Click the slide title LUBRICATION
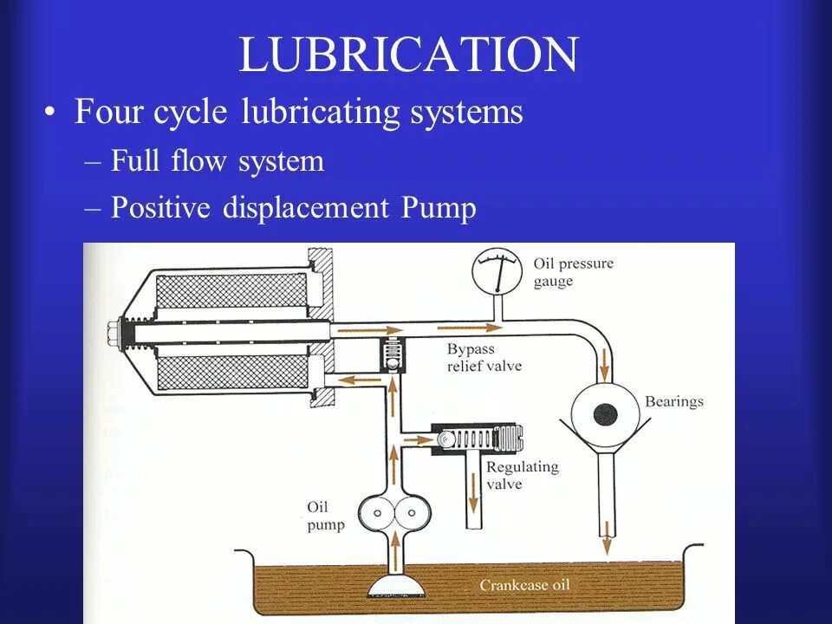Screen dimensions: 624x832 tap(407, 55)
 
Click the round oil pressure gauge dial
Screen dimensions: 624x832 tap(497, 271)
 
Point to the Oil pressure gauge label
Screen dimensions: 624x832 tap(572, 272)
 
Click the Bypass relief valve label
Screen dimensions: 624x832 tap(484, 357)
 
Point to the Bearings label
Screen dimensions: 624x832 tap(673, 401)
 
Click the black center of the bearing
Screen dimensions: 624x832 tap(605, 414)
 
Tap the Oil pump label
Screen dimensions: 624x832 tap(325, 517)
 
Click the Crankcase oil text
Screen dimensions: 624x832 tap(524, 586)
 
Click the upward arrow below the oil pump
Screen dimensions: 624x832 tap(396, 552)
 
